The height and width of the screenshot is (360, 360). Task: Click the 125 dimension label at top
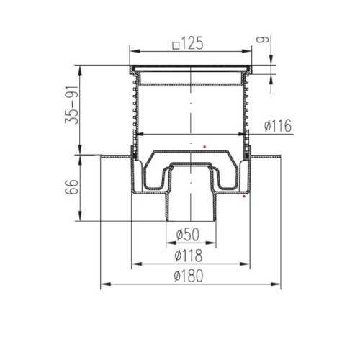pyautogui.click(x=192, y=43)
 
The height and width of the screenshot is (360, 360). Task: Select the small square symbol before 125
pyautogui.click(x=176, y=45)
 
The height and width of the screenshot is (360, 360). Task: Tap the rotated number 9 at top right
pyautogui.click(x=261, y=40)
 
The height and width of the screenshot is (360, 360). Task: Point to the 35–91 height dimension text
pyautogui.click(x=72, y=105)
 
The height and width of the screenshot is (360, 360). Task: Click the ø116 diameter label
pyautogui.click(x=278, y=125)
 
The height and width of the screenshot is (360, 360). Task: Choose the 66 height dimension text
pyautogui.click(x=72, y=186)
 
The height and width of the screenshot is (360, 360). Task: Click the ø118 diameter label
pyautogui.click(x=189, y=256)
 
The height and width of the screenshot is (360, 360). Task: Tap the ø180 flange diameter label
pyautogui.click(x=189, y=276)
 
